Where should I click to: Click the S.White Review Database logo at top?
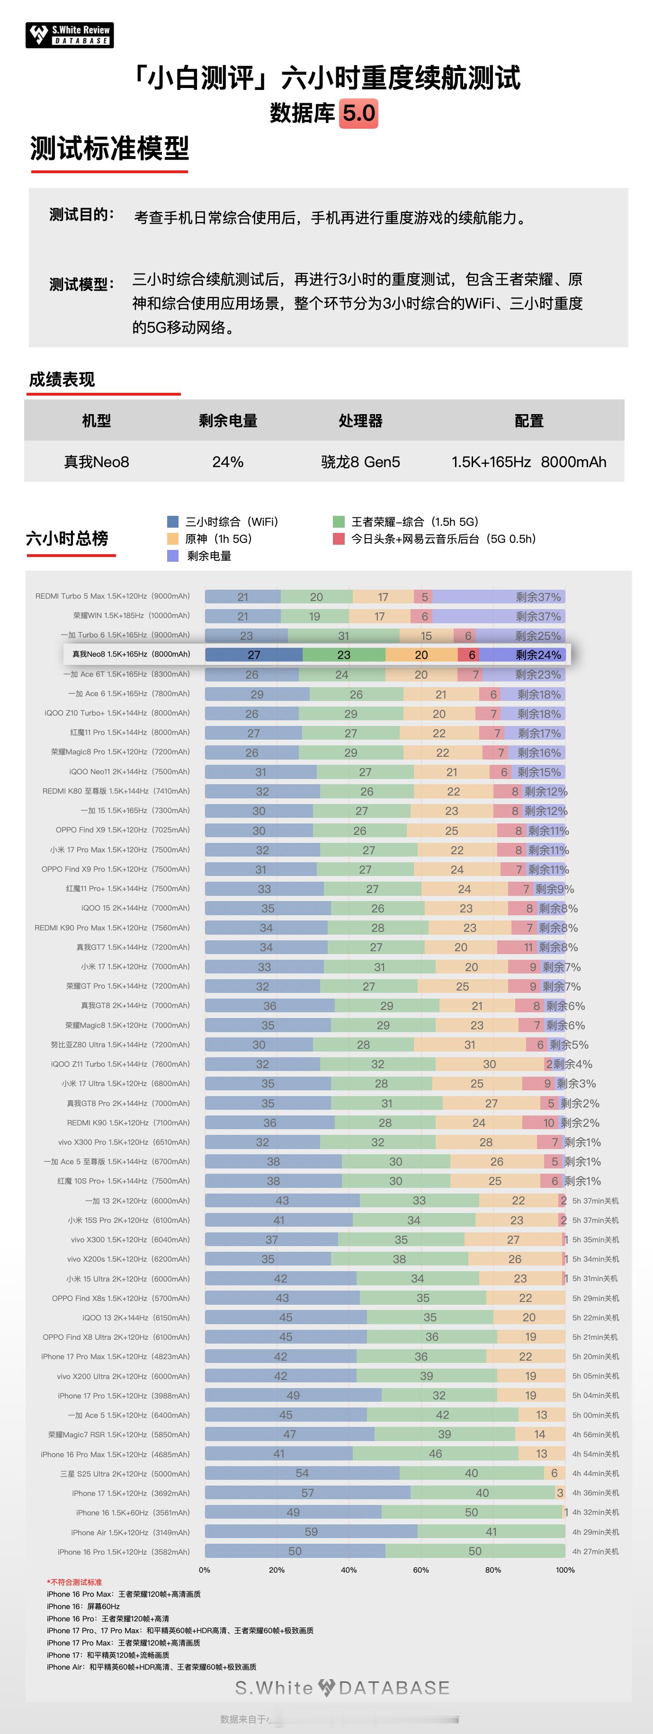click(69, 35)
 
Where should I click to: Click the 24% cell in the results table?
click(228, 462)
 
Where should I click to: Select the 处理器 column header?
click(360, 421)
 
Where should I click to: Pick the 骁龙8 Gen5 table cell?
click(360, 462)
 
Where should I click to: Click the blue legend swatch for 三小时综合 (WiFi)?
click(173, 522)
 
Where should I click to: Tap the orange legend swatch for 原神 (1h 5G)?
click(173, 539)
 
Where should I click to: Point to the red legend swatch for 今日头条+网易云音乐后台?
click(339, 539)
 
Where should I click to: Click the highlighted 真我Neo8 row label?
click(131, 655)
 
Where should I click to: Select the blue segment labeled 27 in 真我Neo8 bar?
click(254, 655)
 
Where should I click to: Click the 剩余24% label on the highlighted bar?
click(538, 655)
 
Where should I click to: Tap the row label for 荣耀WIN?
click(131, 616)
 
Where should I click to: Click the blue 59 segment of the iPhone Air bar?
click(311, 1531)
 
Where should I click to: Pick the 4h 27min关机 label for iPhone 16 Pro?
click(595, 1551)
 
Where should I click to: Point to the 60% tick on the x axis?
click(421, 1570)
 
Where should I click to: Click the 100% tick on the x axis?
click(565, 1570)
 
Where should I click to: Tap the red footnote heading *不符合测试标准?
click(74, 1582)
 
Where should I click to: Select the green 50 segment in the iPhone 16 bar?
click(471, 1512)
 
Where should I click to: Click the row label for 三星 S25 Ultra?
click(125, 1474)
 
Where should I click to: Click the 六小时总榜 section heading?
click(67, 539)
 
